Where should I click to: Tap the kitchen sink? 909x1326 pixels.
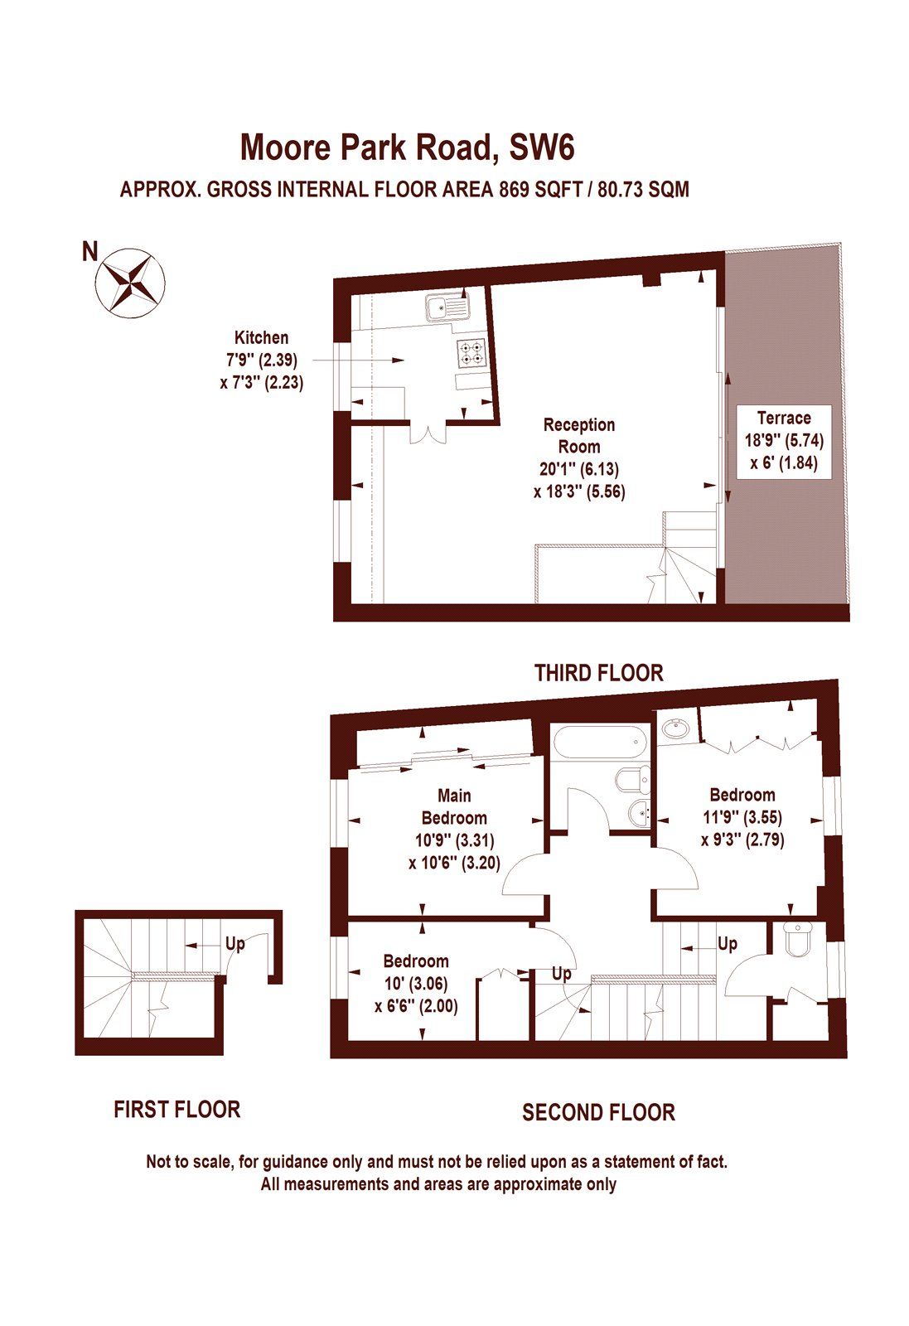tap(447, 307)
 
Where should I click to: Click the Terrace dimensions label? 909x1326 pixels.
tap(784, 440)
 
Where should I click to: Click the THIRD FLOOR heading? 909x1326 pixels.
tap(598, 673)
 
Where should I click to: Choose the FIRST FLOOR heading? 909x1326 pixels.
tap(177, 1110)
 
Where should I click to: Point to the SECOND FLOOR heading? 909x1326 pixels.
tap(598, 1112)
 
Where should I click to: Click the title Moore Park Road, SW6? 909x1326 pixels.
tap(407, 148)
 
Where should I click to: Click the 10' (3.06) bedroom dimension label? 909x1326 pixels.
tap(415, 984)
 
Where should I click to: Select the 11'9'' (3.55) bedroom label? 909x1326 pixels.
tap(742, 817)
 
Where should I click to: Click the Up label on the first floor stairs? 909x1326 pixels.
tap(235, 943)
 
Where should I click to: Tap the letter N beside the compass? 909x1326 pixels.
tap(89, 252)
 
